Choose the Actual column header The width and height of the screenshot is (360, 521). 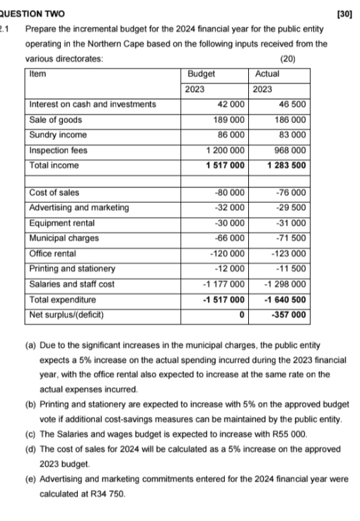click(267, 73)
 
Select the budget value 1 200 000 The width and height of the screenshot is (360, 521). click(226, 150)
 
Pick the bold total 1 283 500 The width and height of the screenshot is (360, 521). click(286, 165)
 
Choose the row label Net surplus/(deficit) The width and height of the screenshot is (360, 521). click(67, 314)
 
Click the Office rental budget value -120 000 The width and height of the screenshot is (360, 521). click(227, 253)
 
